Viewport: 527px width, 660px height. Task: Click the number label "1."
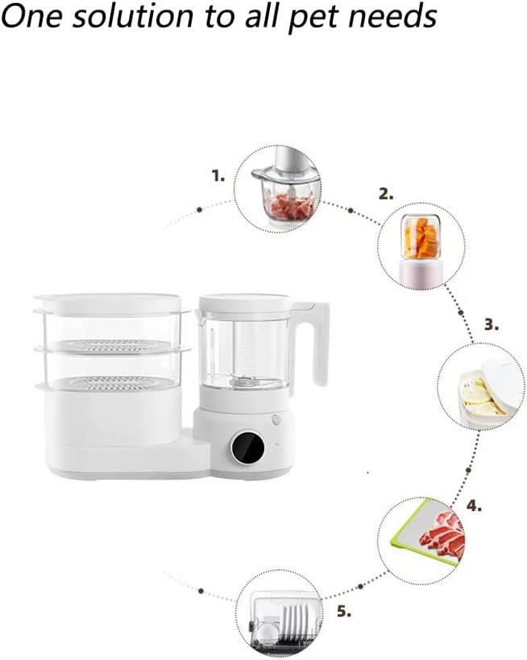[x=218, y=175]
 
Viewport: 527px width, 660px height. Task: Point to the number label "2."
[x=386, y=194]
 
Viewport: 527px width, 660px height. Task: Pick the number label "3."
[x=492, y=324]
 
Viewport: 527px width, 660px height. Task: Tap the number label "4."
[x=474, y=505]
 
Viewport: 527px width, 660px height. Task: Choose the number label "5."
[x=344, y=611]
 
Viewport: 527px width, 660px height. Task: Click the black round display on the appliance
[x=247, y=447]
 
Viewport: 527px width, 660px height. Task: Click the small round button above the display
[x=276, y=419]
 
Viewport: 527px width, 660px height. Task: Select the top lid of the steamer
[x=108, y=303]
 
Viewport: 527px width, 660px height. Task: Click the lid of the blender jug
[x=245, y=304]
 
